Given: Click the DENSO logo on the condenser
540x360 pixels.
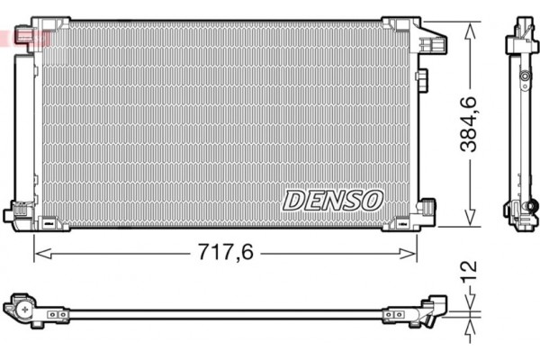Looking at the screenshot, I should (334, 200).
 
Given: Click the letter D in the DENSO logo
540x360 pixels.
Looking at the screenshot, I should (295, 200).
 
